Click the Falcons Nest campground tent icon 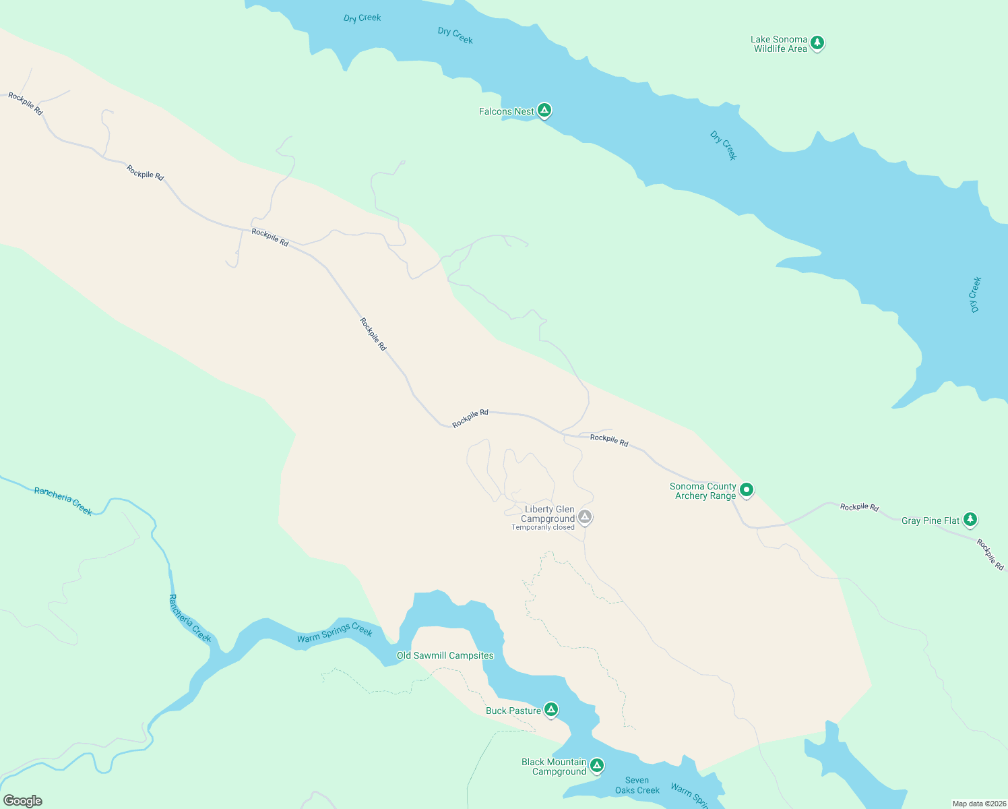544,111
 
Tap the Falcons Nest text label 506,112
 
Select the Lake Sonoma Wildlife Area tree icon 817,43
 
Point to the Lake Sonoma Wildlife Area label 780,44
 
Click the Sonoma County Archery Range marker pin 747,489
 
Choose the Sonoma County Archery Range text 703,491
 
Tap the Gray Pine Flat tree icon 970,519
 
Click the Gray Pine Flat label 931,521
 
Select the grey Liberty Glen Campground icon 585,517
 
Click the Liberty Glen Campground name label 548,514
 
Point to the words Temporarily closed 543,528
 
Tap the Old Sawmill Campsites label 445,656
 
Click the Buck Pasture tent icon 551,709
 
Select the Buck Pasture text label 513,711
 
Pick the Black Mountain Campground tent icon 596,765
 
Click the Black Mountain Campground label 555,767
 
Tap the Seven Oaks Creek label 637,785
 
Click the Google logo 23,801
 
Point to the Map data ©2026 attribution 979,804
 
